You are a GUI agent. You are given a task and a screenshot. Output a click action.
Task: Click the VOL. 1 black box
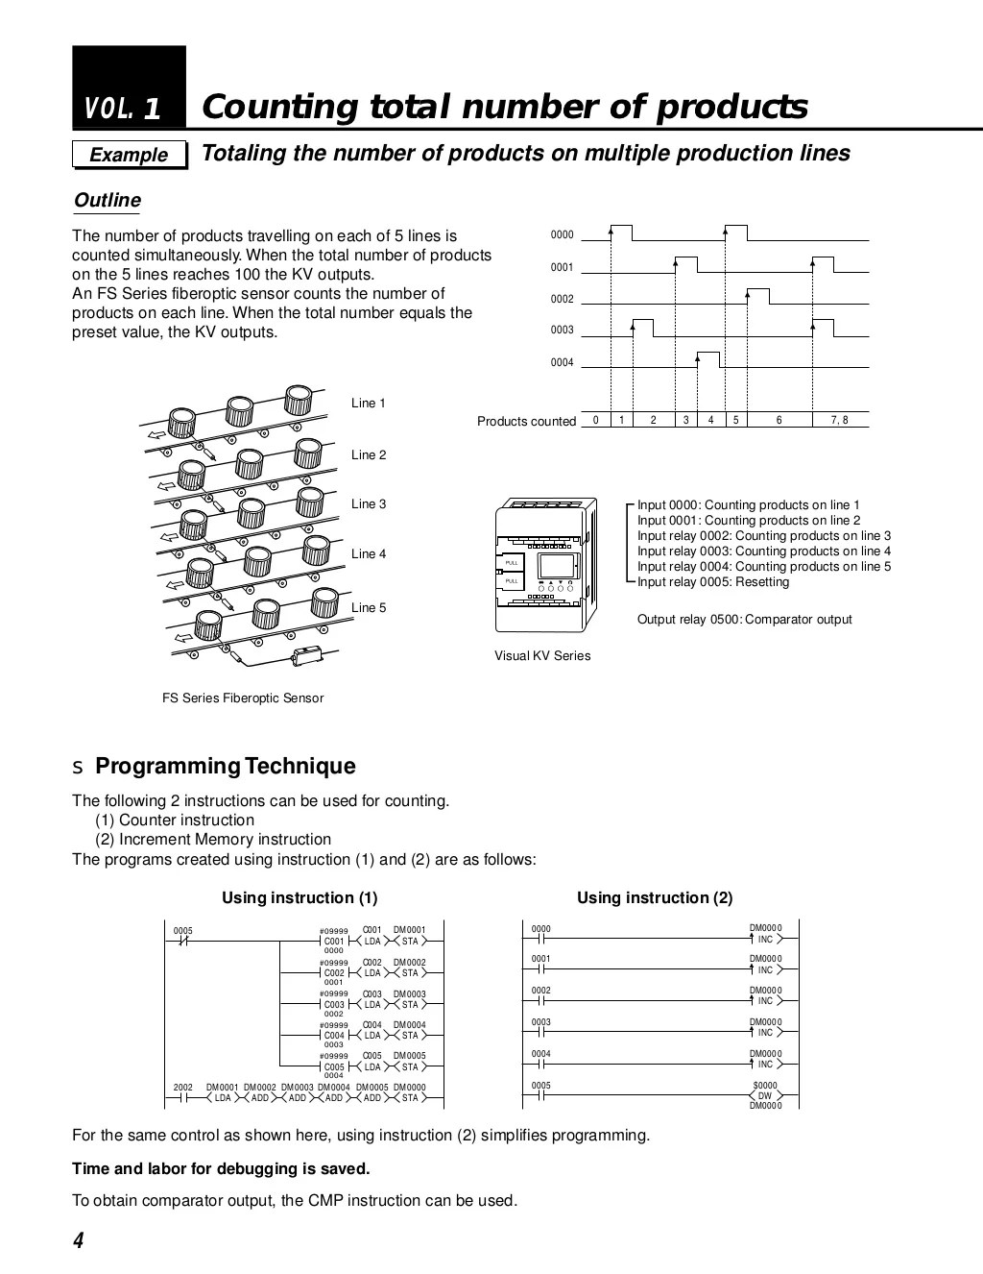[129, 88]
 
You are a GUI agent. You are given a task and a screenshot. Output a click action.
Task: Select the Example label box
[130, 155]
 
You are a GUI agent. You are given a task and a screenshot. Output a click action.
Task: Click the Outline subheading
[108, 201]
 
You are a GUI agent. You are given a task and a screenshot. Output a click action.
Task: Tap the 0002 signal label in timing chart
[562, 299]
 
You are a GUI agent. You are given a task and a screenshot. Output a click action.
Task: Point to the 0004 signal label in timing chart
[562, 362]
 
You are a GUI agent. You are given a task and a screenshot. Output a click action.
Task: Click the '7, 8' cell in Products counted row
[839, 420]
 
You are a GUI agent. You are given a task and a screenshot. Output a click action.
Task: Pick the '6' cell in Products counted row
[779, 420]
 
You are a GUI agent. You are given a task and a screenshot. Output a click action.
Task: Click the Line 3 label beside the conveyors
[369, 503]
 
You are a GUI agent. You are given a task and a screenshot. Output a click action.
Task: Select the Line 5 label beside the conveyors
[369, 607]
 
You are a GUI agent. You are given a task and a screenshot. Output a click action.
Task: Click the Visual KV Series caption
[542, 655]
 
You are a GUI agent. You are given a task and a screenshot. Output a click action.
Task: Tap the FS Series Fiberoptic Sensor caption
[243, 698]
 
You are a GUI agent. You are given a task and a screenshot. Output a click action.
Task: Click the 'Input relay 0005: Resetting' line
[713, 581]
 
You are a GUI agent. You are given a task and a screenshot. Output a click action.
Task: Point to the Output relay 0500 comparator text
[744, 619]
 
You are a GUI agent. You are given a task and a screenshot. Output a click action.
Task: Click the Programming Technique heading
[226, 766]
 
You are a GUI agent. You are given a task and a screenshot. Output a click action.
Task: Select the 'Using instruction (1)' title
[300, 897]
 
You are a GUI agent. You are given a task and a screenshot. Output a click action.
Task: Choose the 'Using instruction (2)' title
[655, 897]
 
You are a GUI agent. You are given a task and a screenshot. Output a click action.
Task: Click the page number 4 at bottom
[79, 1240]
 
